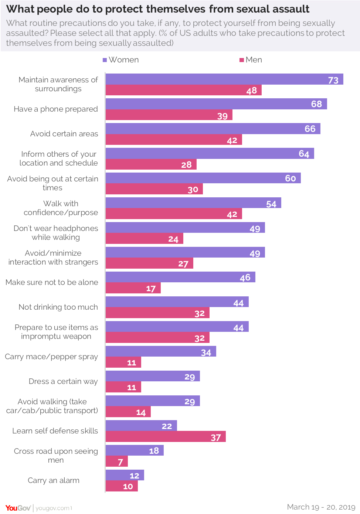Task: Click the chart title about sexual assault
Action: pyautogui.click(x=158, y=9)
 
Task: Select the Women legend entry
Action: pyautogui.click(x=121, y=60)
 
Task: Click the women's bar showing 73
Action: pyautogui.click(x=224, y=79)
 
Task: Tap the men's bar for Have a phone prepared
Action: pyautogui.click(x=169, y=115)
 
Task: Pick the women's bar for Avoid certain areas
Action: pyautogui.click(x=213, y=129)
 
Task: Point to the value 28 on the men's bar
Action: pyautogui.click(x=186, y=164)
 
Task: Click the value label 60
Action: pyautogui.click(x=290, y=178)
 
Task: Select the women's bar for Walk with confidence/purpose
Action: pyautogui.click(x=193, y=203)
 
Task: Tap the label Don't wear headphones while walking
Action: pyautogui.click(x=56, y=233)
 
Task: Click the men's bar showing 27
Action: pyautogui.click(x=149, y=263)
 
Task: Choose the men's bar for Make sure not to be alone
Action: pyautogui.click(x=133, y=288)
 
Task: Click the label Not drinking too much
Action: pyautogui.click(x=58, y=307)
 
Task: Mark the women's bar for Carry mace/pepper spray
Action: pyautogui.click(x=160, y=351)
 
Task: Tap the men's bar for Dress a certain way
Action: pyautogui.click(x=123, y=387)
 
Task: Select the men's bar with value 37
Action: pyautogui.click(x=165, y=437)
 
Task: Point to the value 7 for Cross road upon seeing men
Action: pyautogui.click(x=120, y=462)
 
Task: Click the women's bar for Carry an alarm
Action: pyautogui.click(x=125, y=475)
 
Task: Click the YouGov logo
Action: pyautogui.click(x=18, y=508)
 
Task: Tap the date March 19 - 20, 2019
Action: pyautogui.click(x=321, y=507)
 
